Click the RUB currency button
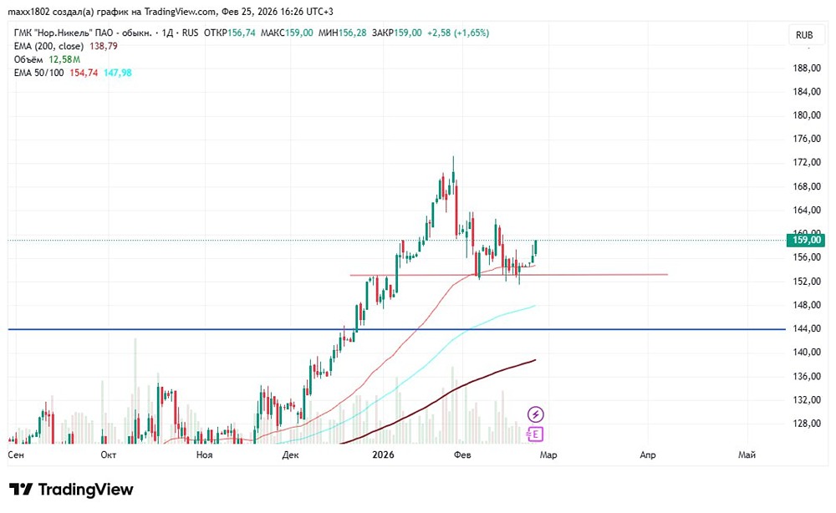(x=804, y=35)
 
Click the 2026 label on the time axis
(x=382, y=455)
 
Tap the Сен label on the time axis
(x=15, y=455)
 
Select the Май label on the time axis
(x=747, y=455)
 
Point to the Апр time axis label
(x=647, y=455)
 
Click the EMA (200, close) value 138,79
(x=104, y=46)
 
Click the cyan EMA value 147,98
(x=118, y=73)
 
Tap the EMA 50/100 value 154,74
(x=84, y=73)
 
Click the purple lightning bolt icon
(x=536, y=414)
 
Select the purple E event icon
(x=536, y=434)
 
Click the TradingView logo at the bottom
(x=72, y=490)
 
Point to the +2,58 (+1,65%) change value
(x=458, y=33)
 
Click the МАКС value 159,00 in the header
(x=298, y=33)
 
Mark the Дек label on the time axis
(x=291, y=455)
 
